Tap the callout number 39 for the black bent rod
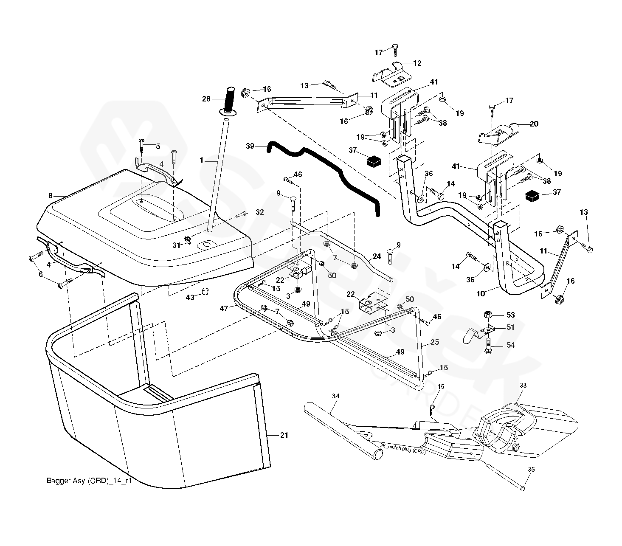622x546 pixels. pos(250,146)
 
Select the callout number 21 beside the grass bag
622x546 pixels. pos(284,435)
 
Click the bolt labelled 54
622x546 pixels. pos(488,345)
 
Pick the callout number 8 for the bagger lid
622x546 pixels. pos(51,196)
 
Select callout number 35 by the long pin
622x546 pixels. pos(531,470)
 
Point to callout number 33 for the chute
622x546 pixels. pos(523,386)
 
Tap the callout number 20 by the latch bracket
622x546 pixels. pos(534,124)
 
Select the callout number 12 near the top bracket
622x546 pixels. pos(417,63)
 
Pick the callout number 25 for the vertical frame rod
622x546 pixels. pos(434,342)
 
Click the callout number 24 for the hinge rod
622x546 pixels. pos(377,256)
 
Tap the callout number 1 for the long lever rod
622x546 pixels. pos(202,160)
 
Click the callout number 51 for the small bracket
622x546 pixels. pos(510,327)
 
